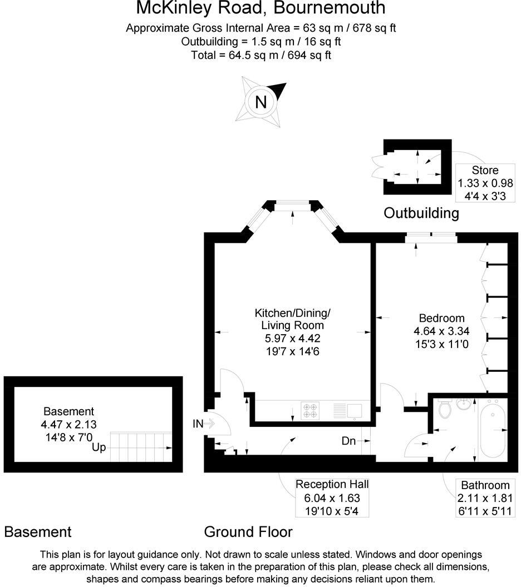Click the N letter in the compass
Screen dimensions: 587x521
click(x=260, y=102)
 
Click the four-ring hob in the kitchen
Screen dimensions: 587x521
click(x=310, y=411)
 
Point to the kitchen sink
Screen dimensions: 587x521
click(x=354, y=411)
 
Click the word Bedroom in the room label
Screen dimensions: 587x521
click(x=441, y=318)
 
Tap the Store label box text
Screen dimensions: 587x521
click(x=485, y=170)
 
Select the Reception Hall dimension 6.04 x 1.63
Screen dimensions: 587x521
click(x=332, y=498)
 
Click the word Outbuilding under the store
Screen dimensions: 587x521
click(x=421, y=213)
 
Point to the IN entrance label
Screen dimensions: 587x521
click(x=198, y=424)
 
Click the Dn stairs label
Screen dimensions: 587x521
click(x=348, y=441)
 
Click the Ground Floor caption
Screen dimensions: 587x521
click(x=248, y=532)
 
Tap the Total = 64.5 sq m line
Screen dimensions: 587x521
click(x=260, y=55)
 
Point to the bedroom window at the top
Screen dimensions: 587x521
click(x=431, y=238)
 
